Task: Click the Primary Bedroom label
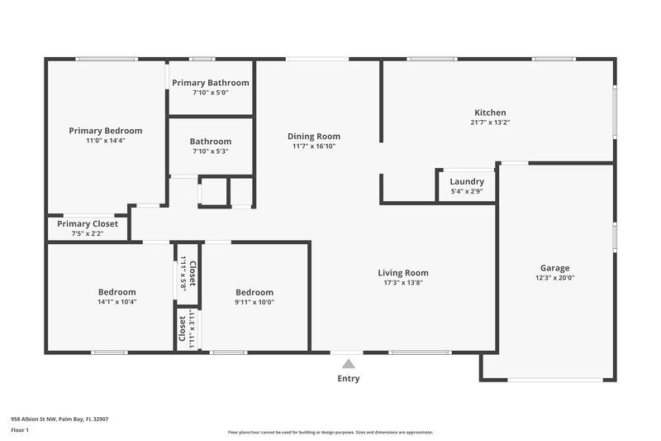click(105, 131)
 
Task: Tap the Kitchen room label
click(490, 113)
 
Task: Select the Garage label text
click(554, 268)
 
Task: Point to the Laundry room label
click(467, 182)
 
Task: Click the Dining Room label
click(313, 137)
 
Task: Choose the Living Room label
click(403, 273)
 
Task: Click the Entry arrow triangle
click(349, 363)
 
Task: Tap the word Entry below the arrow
click(349, 378)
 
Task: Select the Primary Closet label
click(88, 223)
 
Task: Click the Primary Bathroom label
click(210, 83)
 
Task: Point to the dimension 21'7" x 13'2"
click(490, 122)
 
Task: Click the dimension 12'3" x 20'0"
click(554, 278)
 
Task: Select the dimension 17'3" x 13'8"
click(403, 282)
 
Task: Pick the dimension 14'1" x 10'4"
click(117, 302)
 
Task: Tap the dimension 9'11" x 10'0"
click(254, 302)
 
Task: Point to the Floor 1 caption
click(20, 430)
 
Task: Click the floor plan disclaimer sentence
click(330, 432)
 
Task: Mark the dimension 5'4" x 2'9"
click(467, 191)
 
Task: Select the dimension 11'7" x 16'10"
click(313, 146)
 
